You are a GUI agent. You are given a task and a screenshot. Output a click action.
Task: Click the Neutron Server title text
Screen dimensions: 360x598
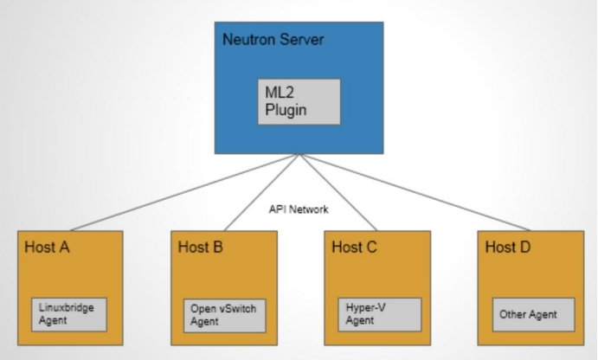coord(269,40)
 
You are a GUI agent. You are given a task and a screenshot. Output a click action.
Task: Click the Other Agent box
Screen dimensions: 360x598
coord(528,314)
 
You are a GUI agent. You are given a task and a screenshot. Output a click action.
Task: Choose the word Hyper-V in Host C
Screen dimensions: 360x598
coord(362,307)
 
